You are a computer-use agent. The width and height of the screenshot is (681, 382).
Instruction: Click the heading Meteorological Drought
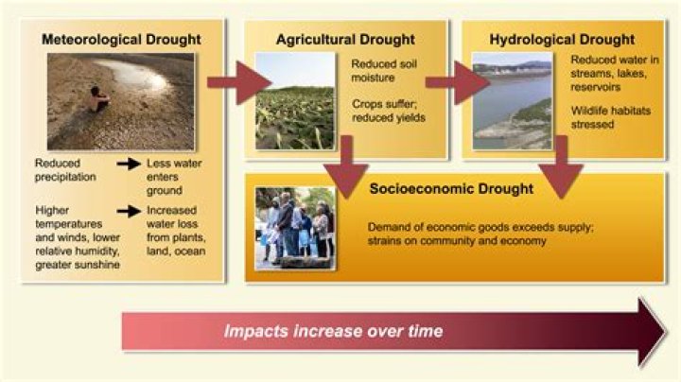pos(120,40)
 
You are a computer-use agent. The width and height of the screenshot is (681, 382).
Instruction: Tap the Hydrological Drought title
pos(562,40)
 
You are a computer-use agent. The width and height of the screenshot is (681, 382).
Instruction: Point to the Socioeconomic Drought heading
pos(451,189)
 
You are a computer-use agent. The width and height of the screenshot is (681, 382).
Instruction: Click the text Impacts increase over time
pos(333,332)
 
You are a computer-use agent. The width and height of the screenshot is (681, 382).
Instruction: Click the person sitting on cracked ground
pos(97,96)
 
